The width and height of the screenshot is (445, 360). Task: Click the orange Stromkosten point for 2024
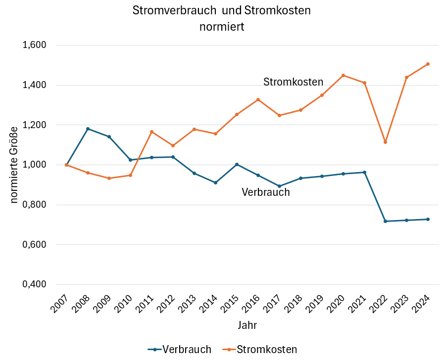(428, 64)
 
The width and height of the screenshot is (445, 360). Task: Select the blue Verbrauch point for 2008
(88, 129)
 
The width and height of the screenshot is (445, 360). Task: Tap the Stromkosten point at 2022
(385, 142)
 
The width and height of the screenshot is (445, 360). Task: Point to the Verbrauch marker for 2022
(385, 221)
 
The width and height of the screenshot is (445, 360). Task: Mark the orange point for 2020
(343, 75)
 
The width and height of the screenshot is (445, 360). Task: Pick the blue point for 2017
(279, 186)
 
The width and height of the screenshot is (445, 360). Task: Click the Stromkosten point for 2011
(151, 132)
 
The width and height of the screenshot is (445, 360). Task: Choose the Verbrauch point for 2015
(237, 164)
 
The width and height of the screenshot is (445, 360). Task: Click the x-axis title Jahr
(247, 325)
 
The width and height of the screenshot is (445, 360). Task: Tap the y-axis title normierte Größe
(14, 164)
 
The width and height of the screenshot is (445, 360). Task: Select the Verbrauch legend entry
(180, 349)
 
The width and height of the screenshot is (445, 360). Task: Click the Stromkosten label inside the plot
(293, 82)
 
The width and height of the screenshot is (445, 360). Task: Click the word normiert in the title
(222, 27)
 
